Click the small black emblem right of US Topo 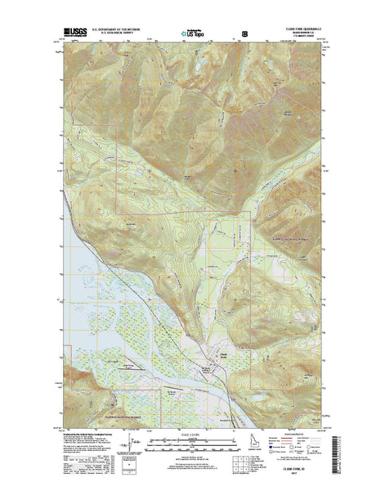pyautogui.click(x=244, y=33)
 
